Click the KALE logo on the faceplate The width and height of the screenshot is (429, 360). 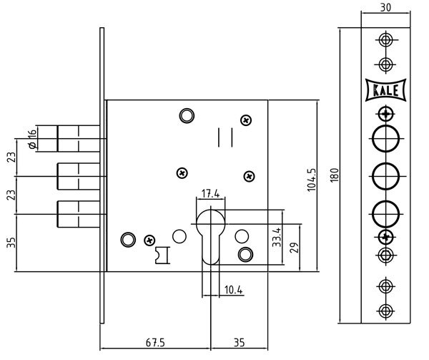click(386, 90)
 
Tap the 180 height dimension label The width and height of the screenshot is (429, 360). click(335, 175)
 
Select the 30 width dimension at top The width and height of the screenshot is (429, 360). click(385, 7)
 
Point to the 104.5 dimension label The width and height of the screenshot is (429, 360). click(311, 180)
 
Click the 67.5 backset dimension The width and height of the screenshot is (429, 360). click(155, 343)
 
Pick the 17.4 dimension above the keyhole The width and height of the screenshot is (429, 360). click(210, 193)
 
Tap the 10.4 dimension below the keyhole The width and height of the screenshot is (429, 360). click(233, 290)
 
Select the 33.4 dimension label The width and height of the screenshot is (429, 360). click(276, 238)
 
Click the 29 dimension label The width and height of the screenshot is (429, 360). click(294, 248)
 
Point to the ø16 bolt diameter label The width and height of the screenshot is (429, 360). click(32, 140)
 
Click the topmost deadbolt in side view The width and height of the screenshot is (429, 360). click(78, 139)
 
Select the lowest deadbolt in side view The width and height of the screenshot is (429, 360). click(78, 214)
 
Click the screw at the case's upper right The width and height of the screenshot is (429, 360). click(246, 120)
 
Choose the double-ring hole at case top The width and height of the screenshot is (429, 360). click(187, 116)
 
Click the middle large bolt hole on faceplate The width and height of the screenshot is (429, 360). click(386, 176)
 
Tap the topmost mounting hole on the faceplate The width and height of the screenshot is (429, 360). click(386, 39)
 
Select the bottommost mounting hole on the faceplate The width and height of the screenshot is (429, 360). click(386, 311)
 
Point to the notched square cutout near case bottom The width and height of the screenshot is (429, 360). click(162, 255)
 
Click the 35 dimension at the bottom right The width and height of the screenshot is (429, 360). click(239, 343)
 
